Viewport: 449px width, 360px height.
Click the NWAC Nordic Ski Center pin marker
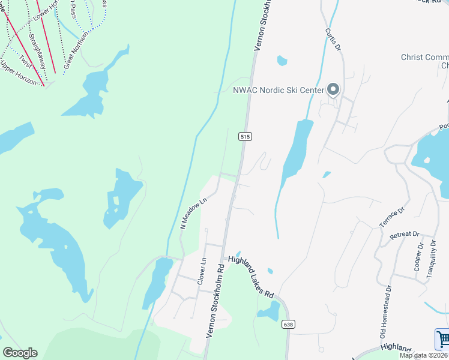tap(333, 90)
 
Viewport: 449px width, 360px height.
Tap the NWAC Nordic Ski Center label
tap(279, 91)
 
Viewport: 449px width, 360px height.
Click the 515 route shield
tap(244, 137)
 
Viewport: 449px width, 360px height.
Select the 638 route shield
tap(289, 325)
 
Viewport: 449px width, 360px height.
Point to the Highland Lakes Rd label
tap(251, 278)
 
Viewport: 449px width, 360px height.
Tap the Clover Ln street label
tap(202, 271)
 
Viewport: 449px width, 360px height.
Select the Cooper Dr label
tap(418, 257)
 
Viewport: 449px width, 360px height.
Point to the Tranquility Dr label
tap(430, 259)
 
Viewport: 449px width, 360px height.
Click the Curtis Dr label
tap(333, 40)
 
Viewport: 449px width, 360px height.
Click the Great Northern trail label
tap(76, 50)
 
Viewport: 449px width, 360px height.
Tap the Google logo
tap(20, 353)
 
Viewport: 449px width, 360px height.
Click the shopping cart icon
tap(442, 339)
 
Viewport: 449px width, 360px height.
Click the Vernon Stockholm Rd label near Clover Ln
tap(216, 301)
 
